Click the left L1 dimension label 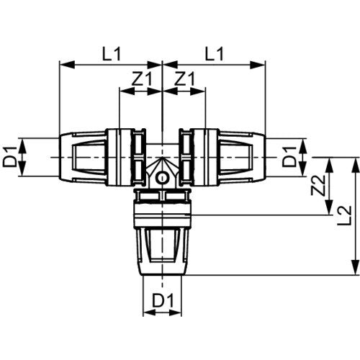coord(112,54)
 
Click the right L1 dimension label coord(214,54)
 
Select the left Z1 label coord(142,78)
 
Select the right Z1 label coord(184,78)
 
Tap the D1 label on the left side coord(10,158)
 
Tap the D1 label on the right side coord(289,158)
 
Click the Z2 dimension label coord(318,185)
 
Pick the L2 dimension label coord(344,215)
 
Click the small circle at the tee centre coord(163,178)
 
